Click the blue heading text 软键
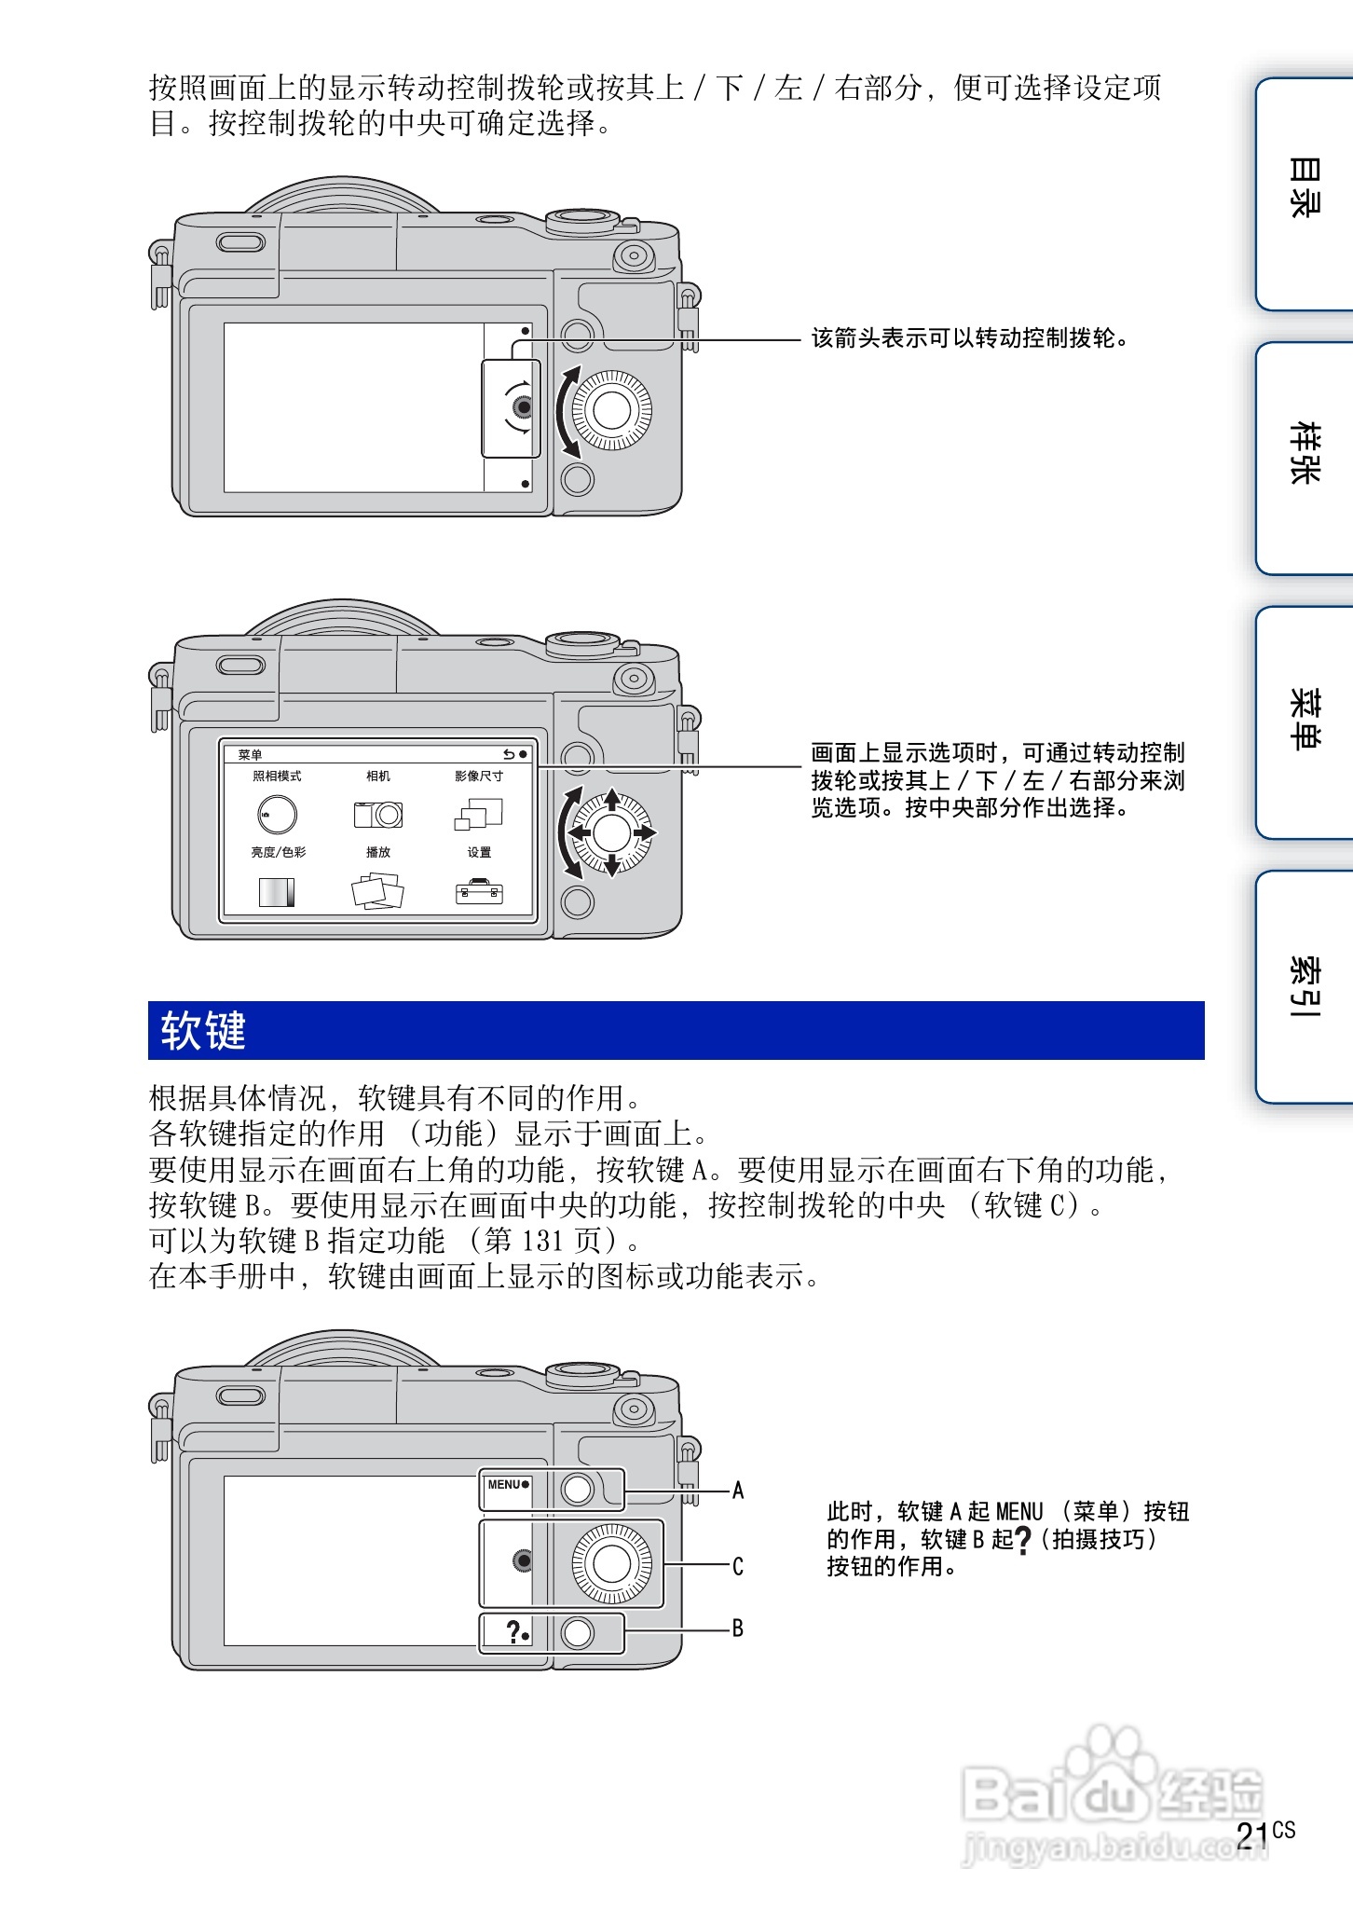coord(202,1031)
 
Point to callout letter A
coord(738,1490)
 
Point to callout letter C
coord(738,1566)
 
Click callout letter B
coord(738,1629)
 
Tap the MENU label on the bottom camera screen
coord(504,1484)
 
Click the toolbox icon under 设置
coord(479,892)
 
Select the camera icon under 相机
coord(378,814)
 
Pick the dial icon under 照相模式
coord(277,814)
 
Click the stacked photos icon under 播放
coord(377,891)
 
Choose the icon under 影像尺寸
coord(479,814)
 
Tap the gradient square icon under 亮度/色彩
coord(277,892)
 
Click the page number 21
coord(1252,1835)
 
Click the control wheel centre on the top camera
coord(611,410)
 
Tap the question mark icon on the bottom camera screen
coord(512,1631)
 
